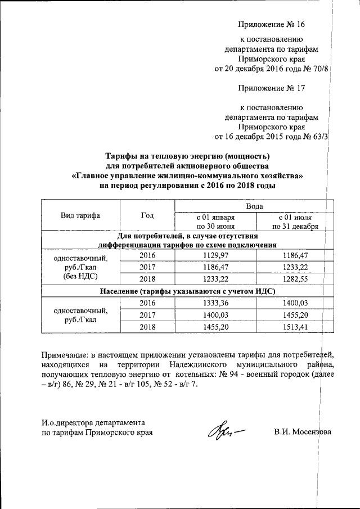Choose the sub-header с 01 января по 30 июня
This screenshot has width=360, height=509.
click(x=215, y=222)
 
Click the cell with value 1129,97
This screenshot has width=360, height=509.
click(x=215, y=255)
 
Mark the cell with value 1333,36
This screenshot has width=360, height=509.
click(x=215, y=303)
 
